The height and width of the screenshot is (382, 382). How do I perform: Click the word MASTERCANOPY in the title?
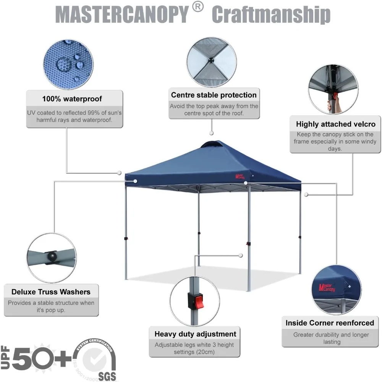pos(122,15)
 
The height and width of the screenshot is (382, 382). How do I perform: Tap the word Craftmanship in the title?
pos(271,15)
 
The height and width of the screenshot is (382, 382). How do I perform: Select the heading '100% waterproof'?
pos(72,99)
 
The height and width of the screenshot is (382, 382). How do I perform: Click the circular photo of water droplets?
pos(68,63)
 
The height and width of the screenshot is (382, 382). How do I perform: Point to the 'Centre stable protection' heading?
pos(214,95)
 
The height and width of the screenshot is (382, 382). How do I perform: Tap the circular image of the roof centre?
pos(211,62)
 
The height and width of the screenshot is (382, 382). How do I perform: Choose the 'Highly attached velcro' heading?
pos(335,124)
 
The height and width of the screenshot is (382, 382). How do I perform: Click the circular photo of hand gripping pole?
pos(333,89)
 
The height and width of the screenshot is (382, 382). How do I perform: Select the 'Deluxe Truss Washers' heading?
pos(51,292)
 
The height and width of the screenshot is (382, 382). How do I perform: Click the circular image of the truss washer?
pos(51,258)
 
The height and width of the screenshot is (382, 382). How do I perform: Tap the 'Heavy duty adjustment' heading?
pos(195,334)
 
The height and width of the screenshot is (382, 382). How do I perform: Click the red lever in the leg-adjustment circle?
pos(199,301)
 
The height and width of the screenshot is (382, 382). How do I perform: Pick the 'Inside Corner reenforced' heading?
pos(330,323)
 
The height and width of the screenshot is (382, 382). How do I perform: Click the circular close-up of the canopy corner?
pos(336,290)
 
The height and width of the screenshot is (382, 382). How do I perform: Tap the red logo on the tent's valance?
pos(240,176)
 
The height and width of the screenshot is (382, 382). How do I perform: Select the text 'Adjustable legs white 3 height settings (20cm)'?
pos(194,348)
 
